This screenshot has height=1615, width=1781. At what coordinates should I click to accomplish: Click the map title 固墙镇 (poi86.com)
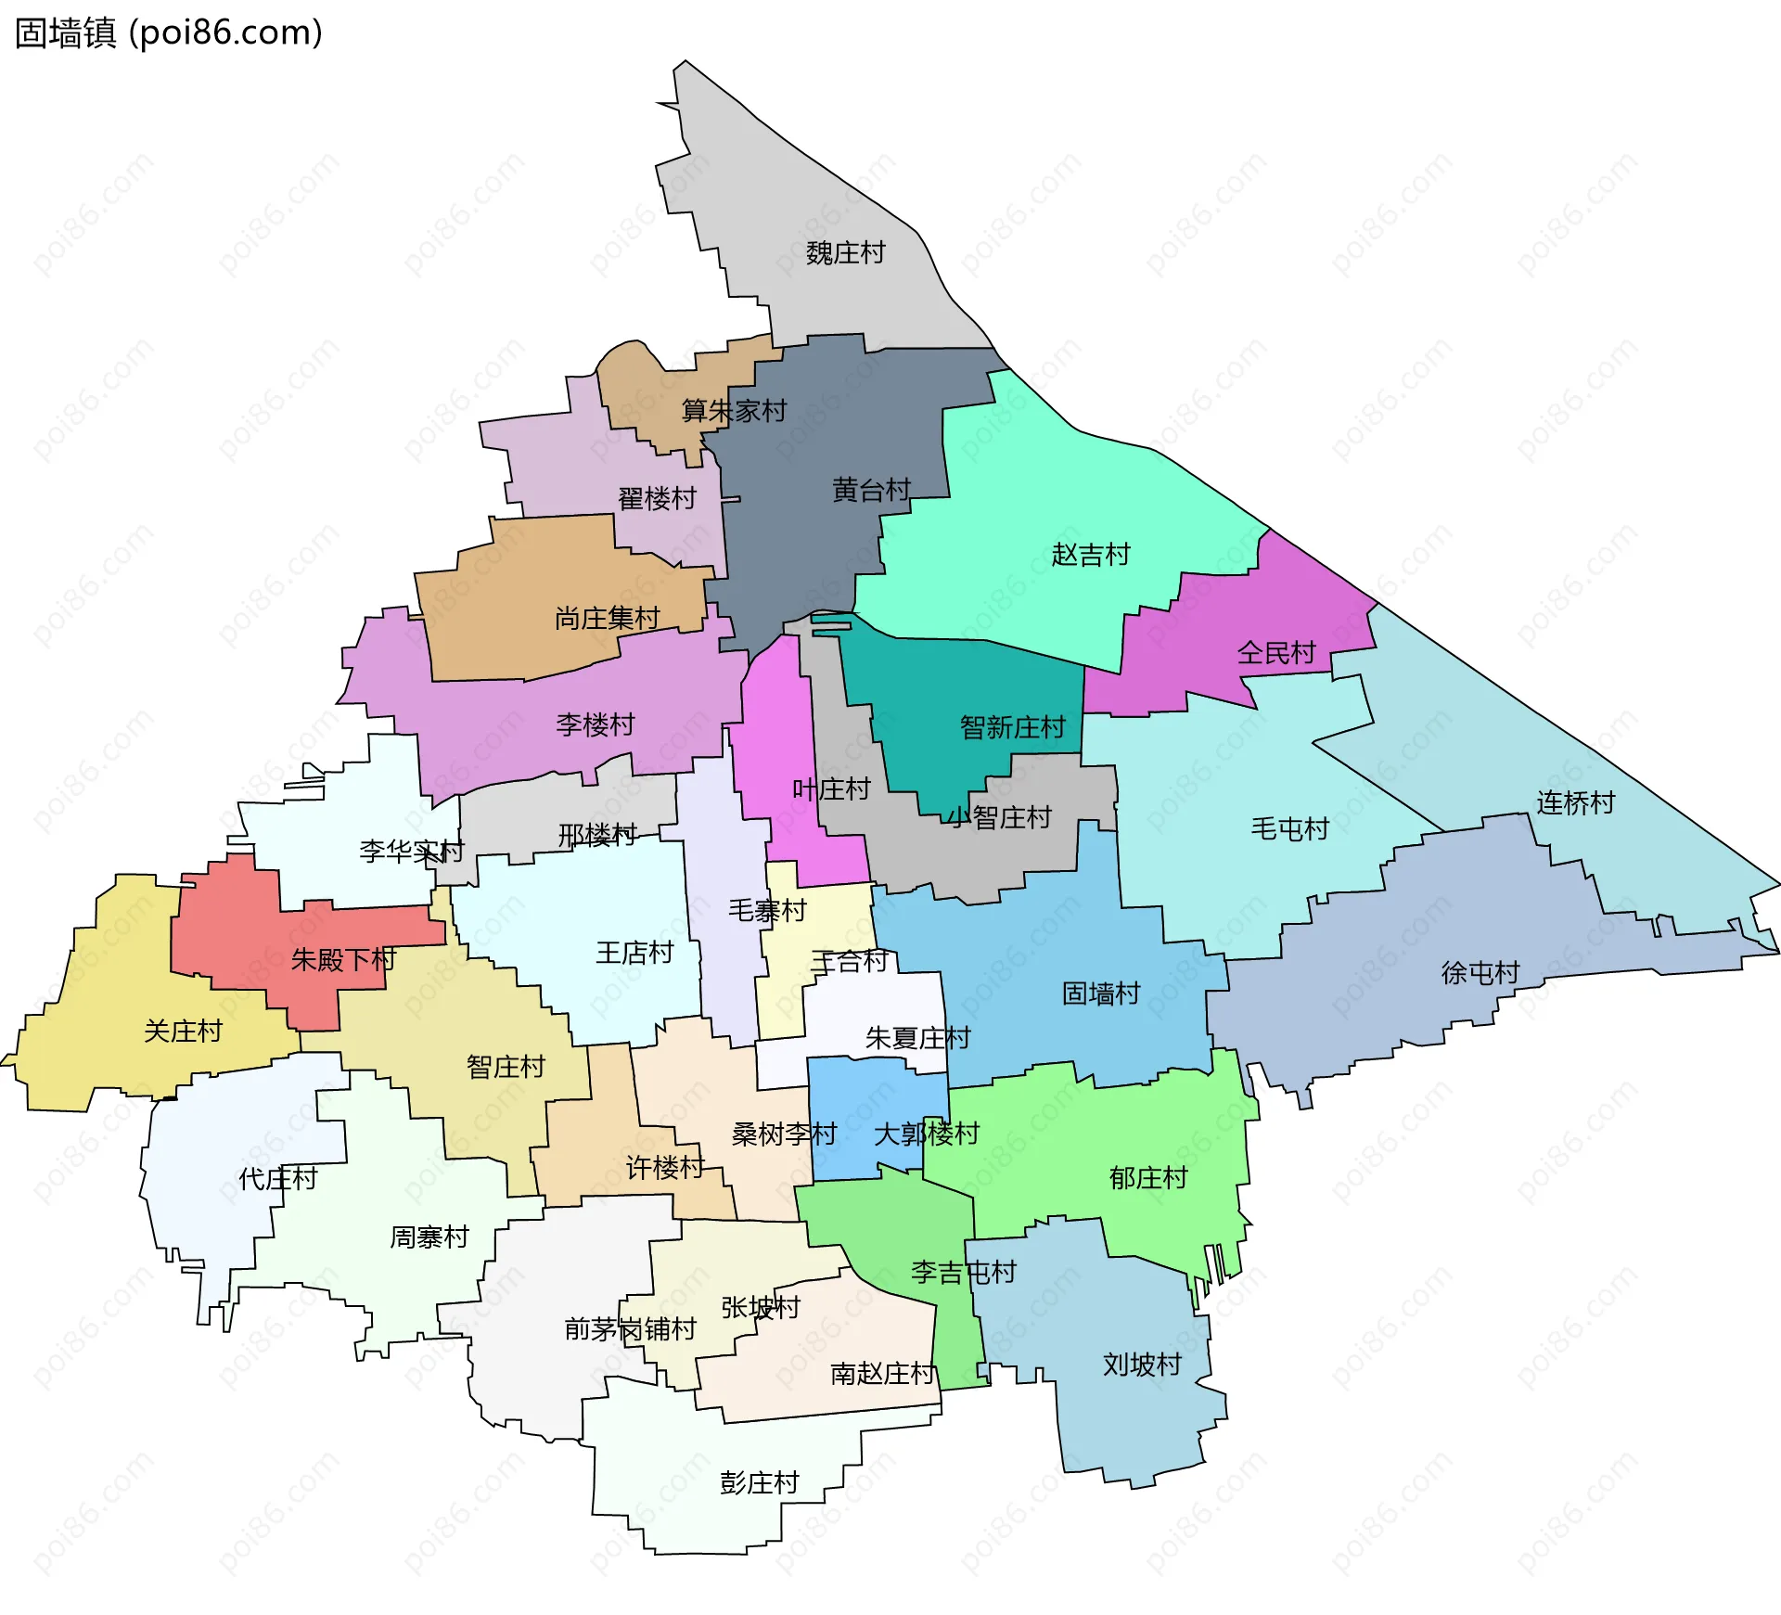pos(169,32)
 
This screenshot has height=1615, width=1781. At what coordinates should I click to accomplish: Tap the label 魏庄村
pos(845,252)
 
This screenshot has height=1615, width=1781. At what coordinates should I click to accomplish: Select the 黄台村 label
pos(871,489)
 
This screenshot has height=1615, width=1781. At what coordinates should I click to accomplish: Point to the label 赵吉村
pos(1091,555)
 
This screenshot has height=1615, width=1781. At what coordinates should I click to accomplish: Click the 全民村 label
pos(1276,653)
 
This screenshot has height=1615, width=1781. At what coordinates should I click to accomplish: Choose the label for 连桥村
pos(1575,802)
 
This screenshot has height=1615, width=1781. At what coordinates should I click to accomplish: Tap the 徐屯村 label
pos(1480,972)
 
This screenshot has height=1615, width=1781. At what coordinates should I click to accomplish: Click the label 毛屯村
pos(1289,828)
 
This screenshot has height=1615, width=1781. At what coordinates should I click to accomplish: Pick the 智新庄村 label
pos(1012,727)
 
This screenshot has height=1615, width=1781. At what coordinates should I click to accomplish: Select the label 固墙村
pos(1100,993)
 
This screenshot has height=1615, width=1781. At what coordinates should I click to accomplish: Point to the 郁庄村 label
pos(1148,1178)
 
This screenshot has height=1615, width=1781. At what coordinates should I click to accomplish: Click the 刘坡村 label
pos(1142,1365)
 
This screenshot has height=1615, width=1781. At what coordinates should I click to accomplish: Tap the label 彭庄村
pos(759,1482)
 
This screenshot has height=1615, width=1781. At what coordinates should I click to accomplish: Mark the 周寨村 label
pos(429,1237)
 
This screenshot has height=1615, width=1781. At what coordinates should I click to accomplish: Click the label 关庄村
pos(183,1031)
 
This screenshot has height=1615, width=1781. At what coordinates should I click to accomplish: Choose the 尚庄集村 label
pos(607,618)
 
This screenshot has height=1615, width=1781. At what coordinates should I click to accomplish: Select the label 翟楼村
pos(657,498)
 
